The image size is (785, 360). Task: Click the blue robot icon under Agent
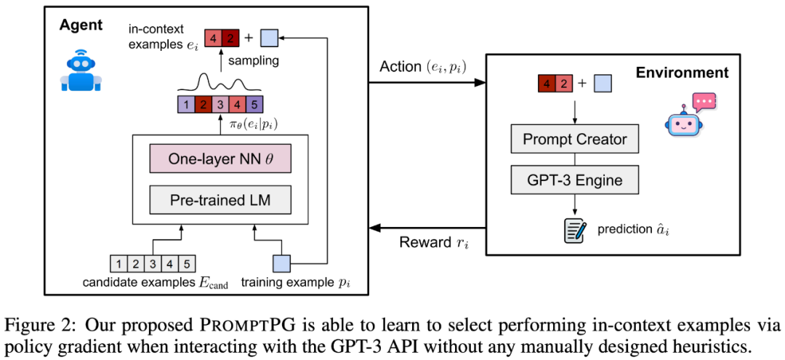coord(78,71)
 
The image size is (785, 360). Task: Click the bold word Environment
coord(682,73)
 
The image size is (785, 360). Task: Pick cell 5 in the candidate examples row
coord(188,263)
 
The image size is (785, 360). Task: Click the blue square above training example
coord(281,263)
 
